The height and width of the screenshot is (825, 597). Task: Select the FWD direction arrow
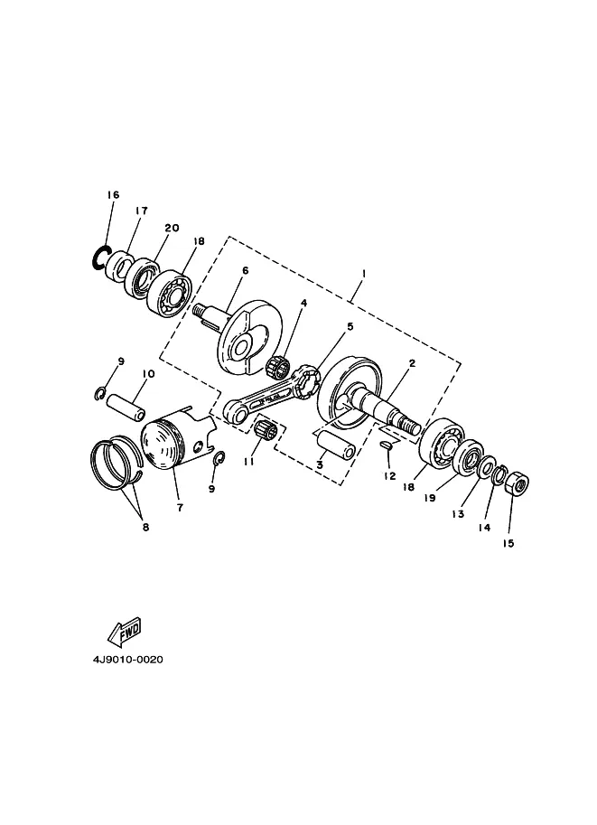point(124,632)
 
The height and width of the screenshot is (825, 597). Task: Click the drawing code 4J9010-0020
point(128,660)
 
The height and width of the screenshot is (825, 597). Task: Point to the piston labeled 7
point(173,439)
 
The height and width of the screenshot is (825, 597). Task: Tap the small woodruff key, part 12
point(386,445)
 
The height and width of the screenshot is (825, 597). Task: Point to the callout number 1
point(363,273)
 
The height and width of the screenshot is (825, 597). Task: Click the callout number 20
point(172,228)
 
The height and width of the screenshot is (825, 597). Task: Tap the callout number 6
point(245,270)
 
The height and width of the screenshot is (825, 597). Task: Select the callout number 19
point(430,497)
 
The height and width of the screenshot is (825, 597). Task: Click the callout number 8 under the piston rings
point(145,527)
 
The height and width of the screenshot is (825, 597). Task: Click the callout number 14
point(484,527)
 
